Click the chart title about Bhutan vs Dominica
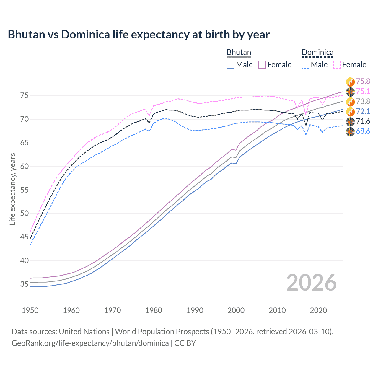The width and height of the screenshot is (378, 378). click(139, 35)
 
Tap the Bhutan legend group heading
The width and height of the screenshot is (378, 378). click(239, 52)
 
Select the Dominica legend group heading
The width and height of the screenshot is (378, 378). click(317, 52)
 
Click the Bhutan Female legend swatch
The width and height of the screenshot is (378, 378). click(262, 65)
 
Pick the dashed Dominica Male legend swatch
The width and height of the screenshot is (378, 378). click(305, 65)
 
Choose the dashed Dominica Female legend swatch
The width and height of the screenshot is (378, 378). click(337, 65)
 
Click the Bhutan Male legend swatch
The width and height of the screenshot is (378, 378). click(231, 65)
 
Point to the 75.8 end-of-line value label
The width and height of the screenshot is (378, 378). click(363, 81)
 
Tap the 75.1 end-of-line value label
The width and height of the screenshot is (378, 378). click(363, 92)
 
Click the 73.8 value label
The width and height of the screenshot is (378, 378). click(363, 101)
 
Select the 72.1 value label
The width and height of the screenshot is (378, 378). click(363, 111)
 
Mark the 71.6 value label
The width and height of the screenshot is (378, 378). click(363, 121)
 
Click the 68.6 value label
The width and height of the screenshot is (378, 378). click(363, 131)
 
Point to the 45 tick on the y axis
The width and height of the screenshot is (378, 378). click(25, 237)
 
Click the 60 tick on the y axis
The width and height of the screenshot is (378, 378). click(25, 166)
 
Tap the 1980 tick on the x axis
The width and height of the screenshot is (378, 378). click(154, 310)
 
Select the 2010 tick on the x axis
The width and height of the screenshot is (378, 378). click(277, 310)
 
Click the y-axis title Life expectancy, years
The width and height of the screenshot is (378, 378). click(13, 189)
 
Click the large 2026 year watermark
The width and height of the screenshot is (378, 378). click(311, 283)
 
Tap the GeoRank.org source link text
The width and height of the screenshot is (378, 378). click(90, 343)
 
